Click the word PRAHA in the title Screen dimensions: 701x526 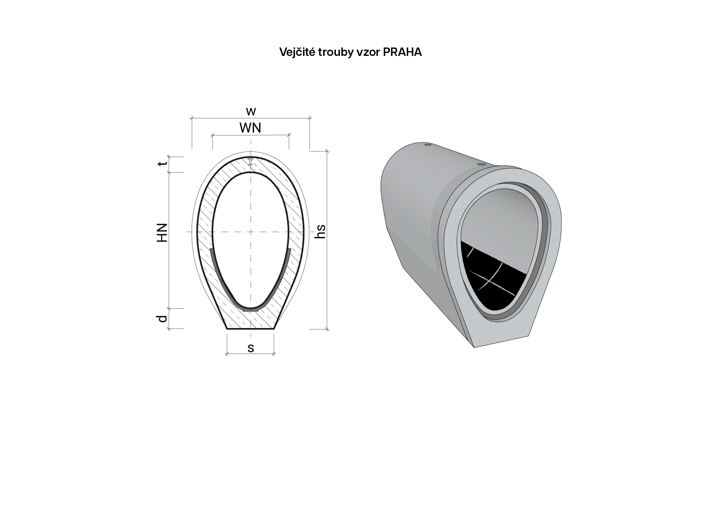[x=402, y=52]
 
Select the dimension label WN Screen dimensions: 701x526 [x=250, y=128]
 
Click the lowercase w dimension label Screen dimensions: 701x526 [x=251, y=111]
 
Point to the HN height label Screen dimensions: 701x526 [x=162, y=232]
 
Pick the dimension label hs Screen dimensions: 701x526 [x=320, y=231]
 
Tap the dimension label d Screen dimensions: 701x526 [x=162, y=319]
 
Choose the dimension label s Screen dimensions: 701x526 [x=251, y=348]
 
